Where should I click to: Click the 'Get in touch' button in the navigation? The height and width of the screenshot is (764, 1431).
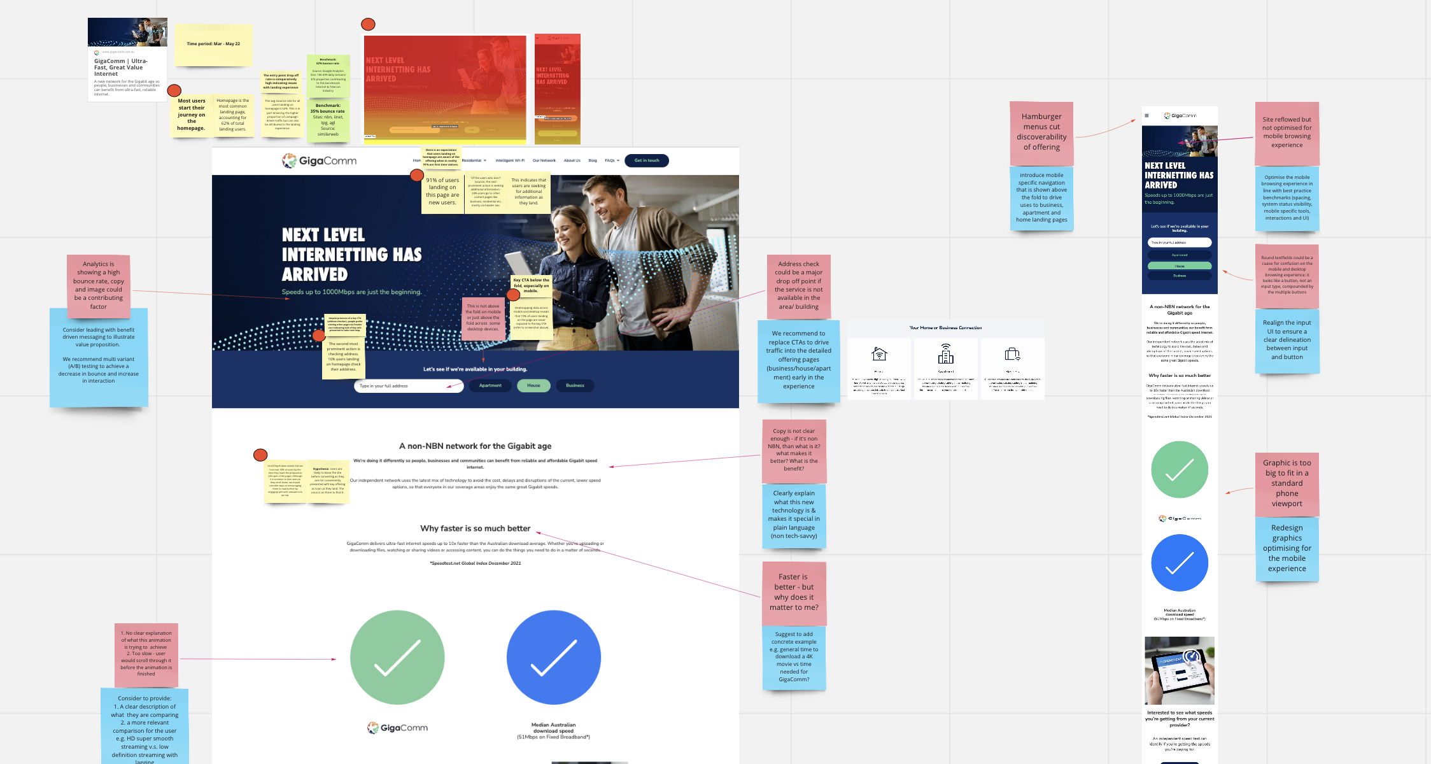point(646,160)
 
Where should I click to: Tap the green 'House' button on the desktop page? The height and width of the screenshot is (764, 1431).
point(533,385)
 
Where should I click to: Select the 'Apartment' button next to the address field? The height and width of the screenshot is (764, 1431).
point(490,385)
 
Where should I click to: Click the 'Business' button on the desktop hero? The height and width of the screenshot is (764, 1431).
point(575,385)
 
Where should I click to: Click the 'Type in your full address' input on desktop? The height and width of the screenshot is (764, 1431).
point(407,386)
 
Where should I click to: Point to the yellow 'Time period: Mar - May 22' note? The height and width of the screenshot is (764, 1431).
point(213,45)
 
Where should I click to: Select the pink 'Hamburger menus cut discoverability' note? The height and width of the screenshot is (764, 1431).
point(1041,132)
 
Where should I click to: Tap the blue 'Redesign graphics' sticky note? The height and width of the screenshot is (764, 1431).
point(1286,548)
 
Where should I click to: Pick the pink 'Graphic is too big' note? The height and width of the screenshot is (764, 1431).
point(1286,483)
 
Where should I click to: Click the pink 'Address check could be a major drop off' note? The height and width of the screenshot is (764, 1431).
point(798,285)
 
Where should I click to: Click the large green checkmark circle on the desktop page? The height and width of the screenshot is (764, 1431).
point(397,657)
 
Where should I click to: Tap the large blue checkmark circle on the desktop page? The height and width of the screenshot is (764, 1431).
point(553,657)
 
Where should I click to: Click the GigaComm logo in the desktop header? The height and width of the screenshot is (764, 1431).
point(320,160)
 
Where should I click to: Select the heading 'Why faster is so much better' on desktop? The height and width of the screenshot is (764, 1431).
point(475,528)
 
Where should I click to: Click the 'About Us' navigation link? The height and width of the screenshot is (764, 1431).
point(572,160)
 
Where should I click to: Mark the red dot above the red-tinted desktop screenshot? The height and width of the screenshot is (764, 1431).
point(368,24)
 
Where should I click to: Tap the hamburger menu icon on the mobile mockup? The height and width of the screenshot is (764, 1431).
point(1146,116)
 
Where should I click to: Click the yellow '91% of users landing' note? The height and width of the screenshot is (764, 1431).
point(442,191)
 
